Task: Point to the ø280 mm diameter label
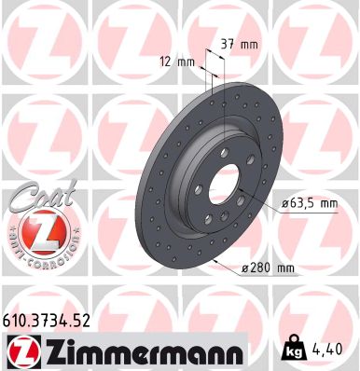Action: pyautogui.click(x=268, y=269)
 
